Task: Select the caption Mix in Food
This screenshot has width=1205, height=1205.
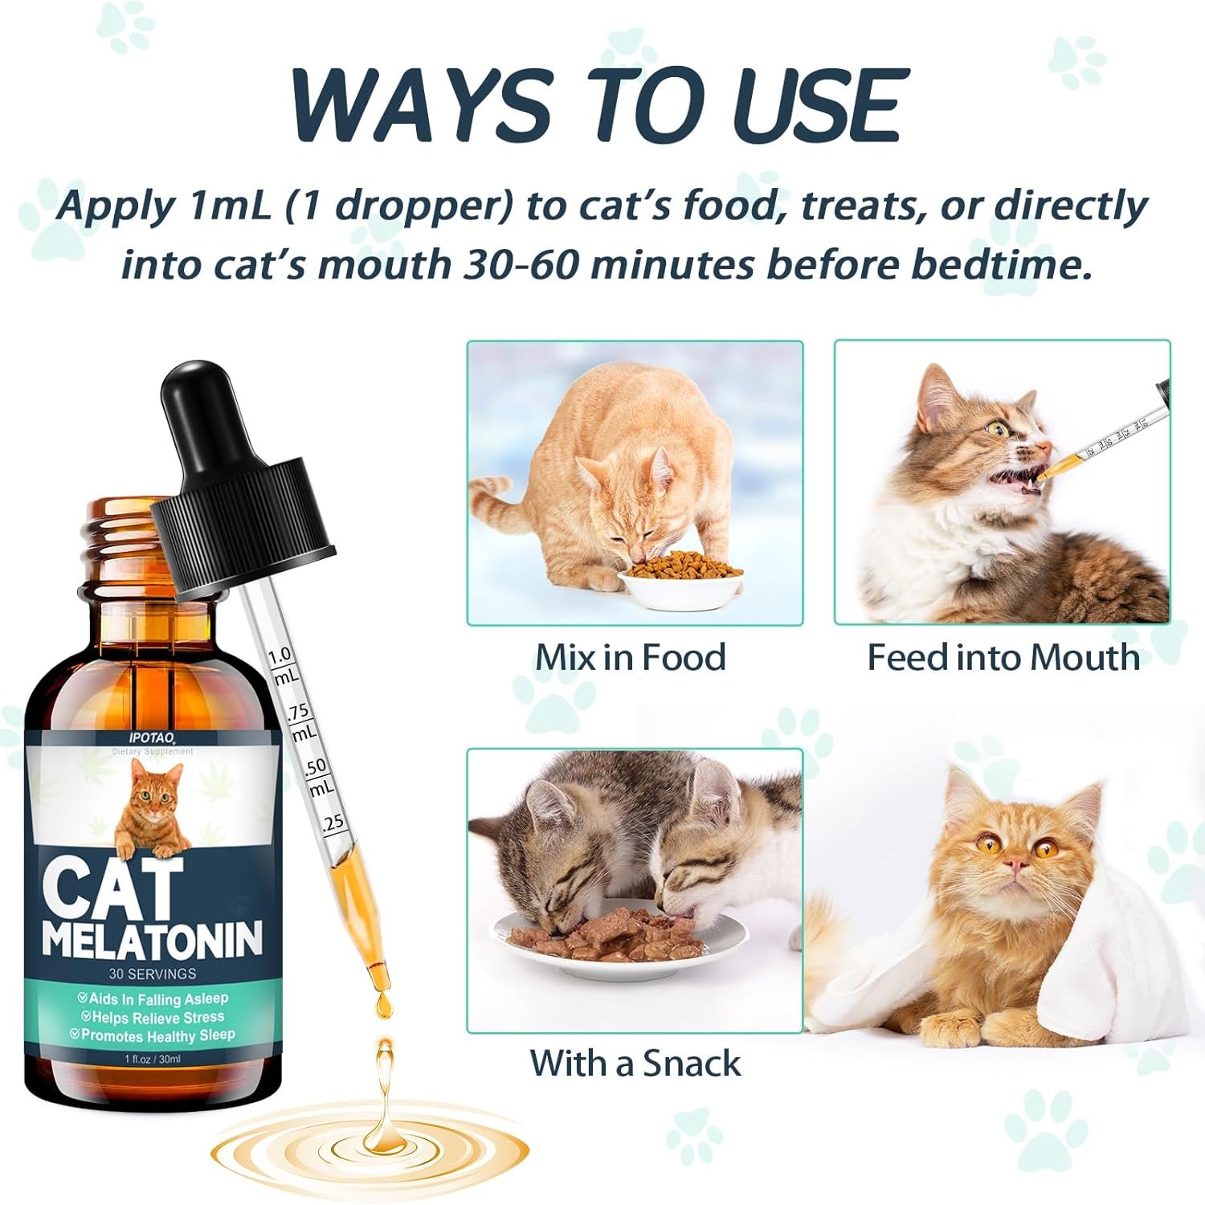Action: pos(631,657)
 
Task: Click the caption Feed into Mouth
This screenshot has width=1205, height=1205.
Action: pos(1003,657)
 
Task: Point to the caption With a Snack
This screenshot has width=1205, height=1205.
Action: pos(635,1063)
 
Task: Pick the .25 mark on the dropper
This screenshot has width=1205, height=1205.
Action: pos(332,822)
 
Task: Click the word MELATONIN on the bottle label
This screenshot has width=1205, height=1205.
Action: pos(153,940)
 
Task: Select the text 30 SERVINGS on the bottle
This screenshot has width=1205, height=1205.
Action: pos(153,974)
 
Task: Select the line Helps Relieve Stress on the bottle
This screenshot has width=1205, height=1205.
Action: pos(153,1018)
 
